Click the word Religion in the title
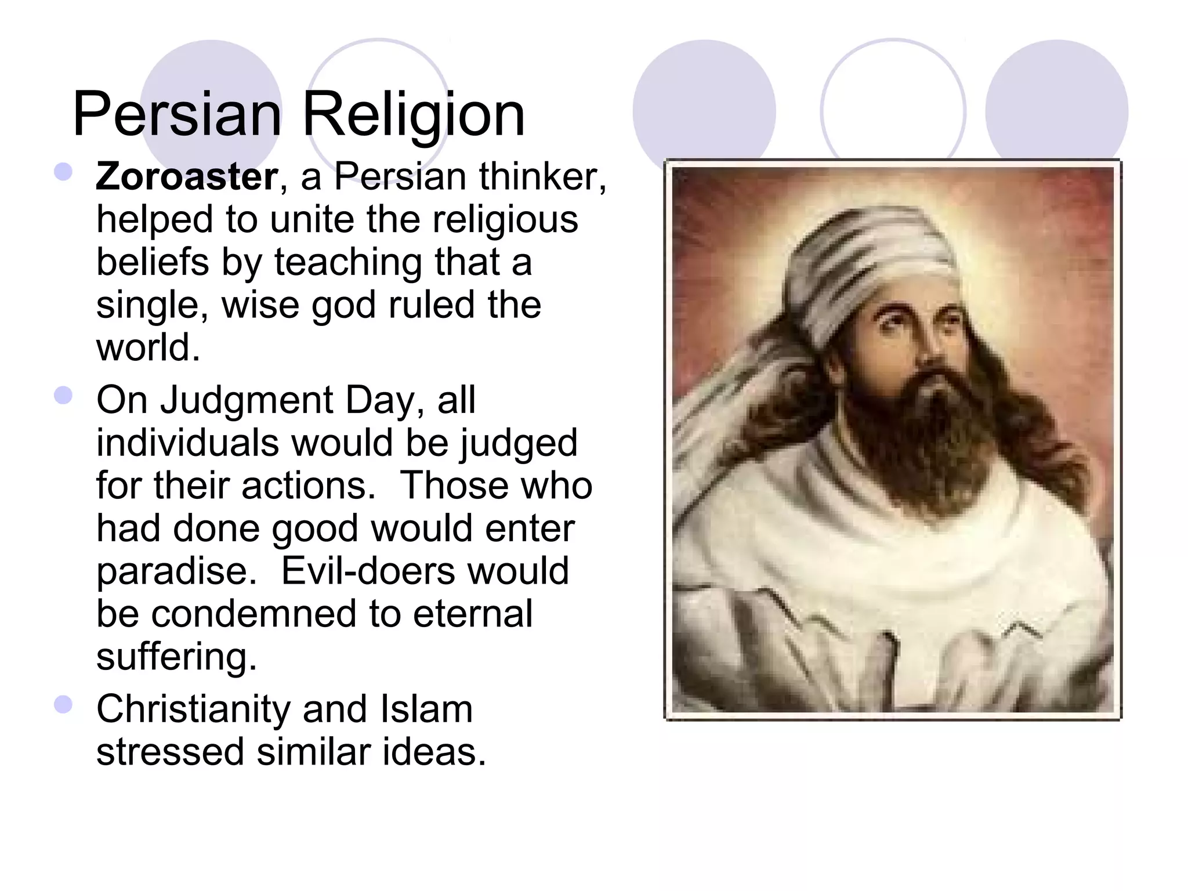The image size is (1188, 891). [x=413, y=114]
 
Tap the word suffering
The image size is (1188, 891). [x=176, y=657]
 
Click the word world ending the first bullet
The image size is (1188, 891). [x=147, y=347]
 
